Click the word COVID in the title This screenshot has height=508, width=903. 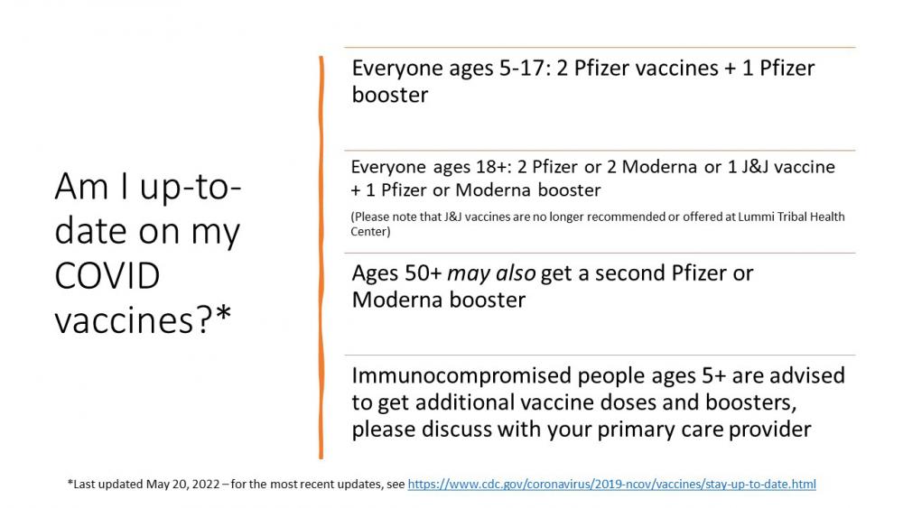(x=107, y=275)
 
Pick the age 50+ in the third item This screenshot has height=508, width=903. (x=424, y=273)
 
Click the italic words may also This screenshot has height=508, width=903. (x=491, y=274)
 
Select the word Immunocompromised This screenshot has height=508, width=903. (x=461, y=376)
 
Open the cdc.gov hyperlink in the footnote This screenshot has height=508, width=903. (x=611, y=485)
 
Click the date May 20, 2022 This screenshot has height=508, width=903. (x=182, y=485)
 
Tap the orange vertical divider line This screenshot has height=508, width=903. (x=321, y=257)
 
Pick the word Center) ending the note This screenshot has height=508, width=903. (x=370, y=231)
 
